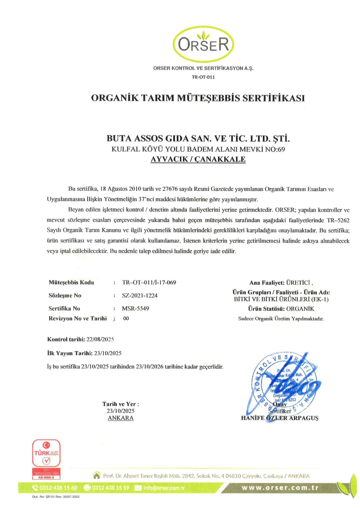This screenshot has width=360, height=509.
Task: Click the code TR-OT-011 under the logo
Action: point(203,77)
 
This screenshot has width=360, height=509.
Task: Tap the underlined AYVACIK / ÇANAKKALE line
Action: point(198,159)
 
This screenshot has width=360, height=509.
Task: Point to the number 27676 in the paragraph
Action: point(170,189)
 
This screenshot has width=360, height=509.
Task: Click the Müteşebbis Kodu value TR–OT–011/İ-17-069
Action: point(149,282)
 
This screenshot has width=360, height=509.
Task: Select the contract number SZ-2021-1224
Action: point(140,295)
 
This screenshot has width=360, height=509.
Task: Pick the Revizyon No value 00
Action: point(126,318)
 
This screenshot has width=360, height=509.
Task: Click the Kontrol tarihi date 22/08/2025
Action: point(100,339)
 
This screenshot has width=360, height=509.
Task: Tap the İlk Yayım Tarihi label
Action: point(70,353)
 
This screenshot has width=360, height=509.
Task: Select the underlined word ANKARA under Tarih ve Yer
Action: point(121,418)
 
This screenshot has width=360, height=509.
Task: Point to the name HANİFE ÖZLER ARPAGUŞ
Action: point(280,418)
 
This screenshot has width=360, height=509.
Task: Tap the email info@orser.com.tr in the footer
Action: point(164,488)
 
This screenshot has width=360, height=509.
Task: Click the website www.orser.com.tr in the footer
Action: point(280,488)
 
